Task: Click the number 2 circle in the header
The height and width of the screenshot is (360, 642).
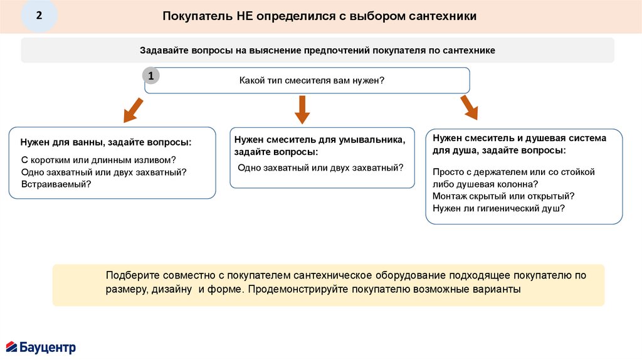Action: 39,16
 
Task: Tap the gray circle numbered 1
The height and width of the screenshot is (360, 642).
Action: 150,76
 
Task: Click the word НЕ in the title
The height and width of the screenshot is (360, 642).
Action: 245,16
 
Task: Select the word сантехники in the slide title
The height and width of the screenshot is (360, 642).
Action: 442,16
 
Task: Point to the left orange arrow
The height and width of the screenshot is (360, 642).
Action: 133,110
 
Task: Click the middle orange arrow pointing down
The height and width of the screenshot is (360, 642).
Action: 302,109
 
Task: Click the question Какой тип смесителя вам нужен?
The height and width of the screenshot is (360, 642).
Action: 312,81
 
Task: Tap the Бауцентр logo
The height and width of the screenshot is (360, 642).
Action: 41,346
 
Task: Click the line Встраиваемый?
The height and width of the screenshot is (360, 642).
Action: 56,184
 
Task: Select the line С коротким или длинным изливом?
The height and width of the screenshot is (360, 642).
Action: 98,159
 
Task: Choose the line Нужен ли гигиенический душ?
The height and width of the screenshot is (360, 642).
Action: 498,208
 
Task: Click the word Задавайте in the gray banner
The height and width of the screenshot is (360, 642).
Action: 160,50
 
